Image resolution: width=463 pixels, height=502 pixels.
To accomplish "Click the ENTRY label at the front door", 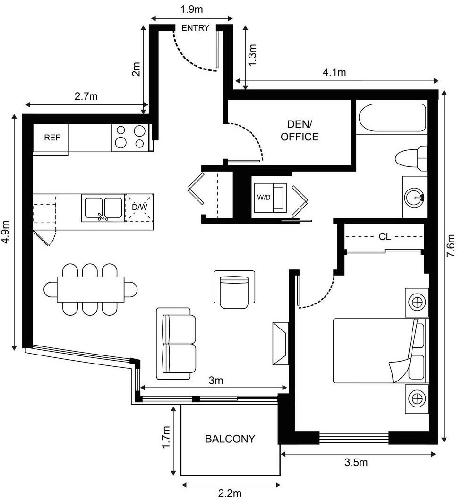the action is pos(195,28).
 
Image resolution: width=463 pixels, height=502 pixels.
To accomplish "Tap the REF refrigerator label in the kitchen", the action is pos(52,138).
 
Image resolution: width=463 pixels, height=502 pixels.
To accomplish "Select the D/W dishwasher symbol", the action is pos(139,208).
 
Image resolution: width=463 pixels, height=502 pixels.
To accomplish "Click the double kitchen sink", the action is pos(103,208).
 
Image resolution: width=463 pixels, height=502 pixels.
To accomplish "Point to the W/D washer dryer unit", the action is pos(270,198).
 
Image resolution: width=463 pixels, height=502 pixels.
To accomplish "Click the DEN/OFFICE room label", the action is pos(300,130).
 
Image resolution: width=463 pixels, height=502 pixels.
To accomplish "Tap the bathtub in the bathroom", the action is pos(392,118).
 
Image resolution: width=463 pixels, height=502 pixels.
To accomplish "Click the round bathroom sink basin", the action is pos(414,197).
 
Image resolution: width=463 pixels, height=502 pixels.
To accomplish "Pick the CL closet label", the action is pos(385,237).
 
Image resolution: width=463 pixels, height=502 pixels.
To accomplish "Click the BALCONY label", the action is pos(230,439).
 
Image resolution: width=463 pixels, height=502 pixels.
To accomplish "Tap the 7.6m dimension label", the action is pos(451,245).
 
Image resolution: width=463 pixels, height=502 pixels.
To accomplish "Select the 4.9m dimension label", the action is pos(6,232).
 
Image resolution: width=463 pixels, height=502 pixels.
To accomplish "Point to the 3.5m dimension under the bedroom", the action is pos(356,462).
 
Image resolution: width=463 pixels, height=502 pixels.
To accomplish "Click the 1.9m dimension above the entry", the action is pos(192,9).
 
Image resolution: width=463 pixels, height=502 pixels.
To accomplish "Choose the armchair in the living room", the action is pos(234,290).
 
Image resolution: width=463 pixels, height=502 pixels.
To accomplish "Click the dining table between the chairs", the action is pos(91,289).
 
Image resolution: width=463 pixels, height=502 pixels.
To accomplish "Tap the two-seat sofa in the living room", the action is pos(176,344).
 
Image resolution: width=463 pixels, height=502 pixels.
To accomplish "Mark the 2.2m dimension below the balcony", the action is pos(230,493).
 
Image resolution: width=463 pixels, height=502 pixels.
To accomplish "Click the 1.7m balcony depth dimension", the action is pos(166,437).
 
